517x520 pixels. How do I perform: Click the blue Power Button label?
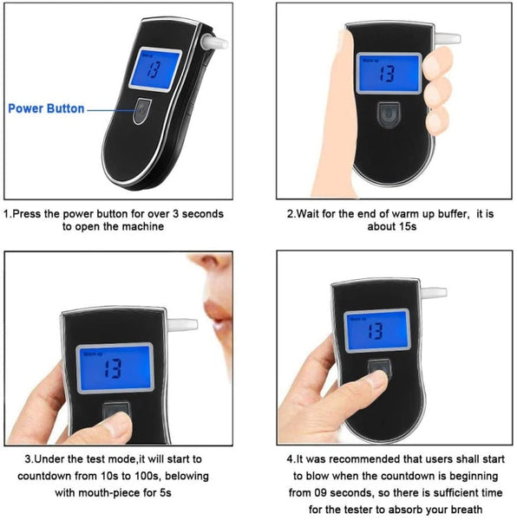(x=46, y=108)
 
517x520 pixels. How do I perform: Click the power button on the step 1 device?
(x=141, y=111)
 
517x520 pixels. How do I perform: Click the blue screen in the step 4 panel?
(x=376, y=329)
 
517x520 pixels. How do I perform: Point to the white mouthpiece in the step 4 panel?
(x=433, y=292)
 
